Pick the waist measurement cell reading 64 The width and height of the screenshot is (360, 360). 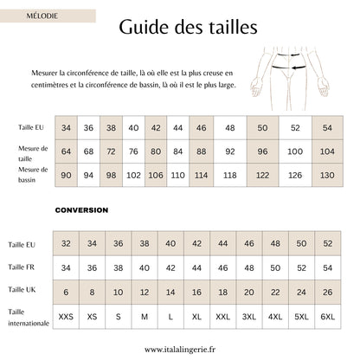pyautogui.click(x=66, y=151)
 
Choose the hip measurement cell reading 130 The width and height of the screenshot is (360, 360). pyautogui.click(x=327, y=174)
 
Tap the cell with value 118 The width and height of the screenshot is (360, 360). pyautogui.click(x=229, y=174)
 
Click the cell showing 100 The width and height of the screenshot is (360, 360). pyautogui.click(x=295, y=151)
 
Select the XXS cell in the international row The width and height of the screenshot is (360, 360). pyautogui.click(x=67, y=318)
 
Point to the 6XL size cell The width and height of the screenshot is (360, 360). pyautogui.click(x=327, y=318)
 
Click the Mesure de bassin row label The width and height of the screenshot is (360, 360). pyautogui.click(x=33, y=174)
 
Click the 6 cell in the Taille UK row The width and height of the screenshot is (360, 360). pyautogui.click(x=67, y=292)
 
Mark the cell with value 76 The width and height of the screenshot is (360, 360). pyautogui.click(x=133, y=151)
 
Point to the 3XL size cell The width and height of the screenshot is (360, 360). pyautogui.click(x=249, y=318)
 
